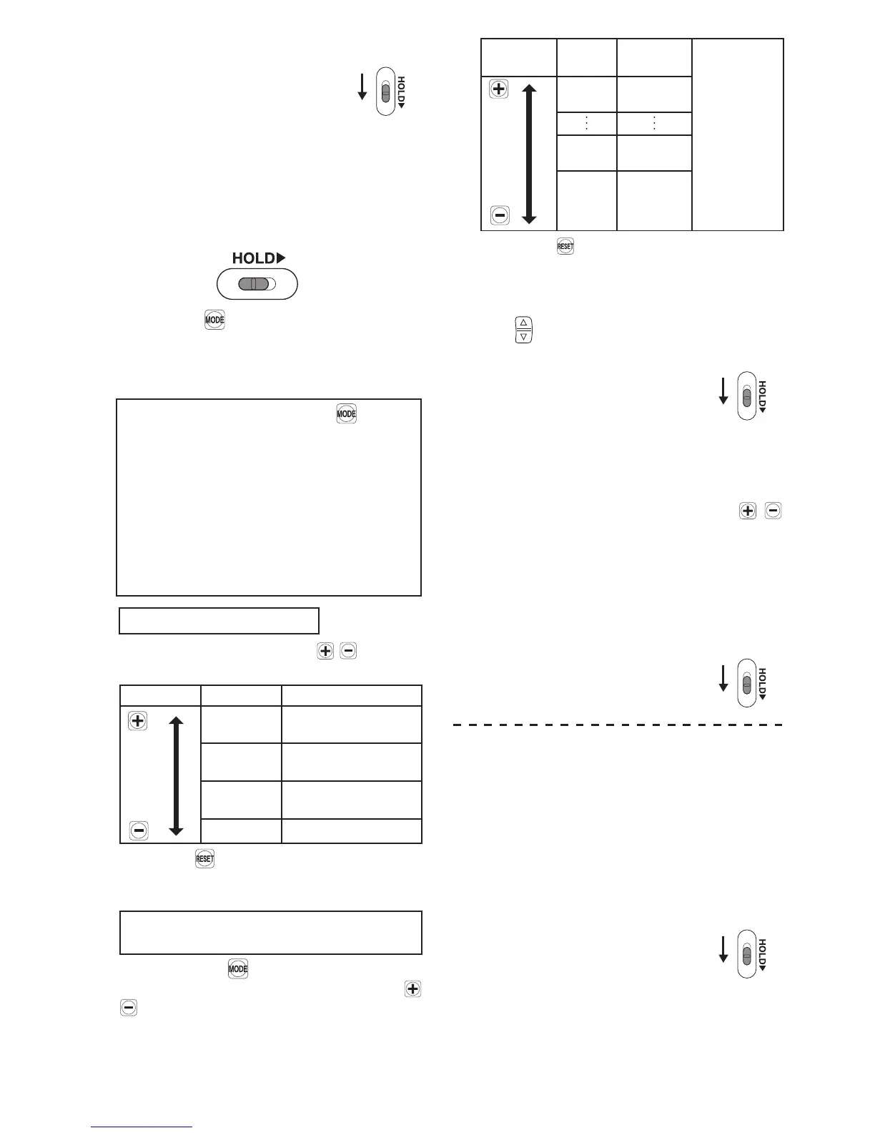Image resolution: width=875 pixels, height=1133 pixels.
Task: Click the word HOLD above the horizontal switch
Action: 253,258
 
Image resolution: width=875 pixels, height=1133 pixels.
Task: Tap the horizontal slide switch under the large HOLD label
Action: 257,284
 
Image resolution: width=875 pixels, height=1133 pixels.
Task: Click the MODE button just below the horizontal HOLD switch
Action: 214,320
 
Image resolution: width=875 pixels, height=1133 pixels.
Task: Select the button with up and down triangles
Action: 523,329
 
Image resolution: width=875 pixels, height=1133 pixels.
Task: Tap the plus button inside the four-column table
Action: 499,89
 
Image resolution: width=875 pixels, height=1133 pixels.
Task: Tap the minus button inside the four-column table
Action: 500,215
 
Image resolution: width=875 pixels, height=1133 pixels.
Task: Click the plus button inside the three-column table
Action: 137,720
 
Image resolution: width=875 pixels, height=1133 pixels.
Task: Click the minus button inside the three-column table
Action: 139,830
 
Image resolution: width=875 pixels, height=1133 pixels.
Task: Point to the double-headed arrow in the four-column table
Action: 530,153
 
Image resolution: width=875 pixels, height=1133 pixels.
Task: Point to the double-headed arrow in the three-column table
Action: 176,775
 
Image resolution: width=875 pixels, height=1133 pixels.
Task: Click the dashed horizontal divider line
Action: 619,725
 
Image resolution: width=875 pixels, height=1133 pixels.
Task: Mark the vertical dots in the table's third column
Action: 654,123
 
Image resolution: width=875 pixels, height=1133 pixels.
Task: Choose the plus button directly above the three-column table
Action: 325,651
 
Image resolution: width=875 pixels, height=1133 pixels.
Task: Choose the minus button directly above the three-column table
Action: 348,651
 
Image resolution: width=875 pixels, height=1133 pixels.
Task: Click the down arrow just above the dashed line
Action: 723,678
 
